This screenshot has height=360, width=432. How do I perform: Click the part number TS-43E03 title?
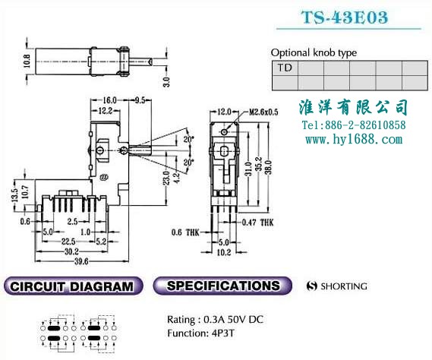pyautogui.click(x=345, y=17)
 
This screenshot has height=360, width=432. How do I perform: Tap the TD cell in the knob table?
pyautogui.click(x=285, y=68)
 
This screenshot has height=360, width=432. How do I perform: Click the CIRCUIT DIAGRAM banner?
pyautogui.click(x=74, y=286)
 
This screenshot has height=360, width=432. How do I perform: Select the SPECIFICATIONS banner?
pyautogui.click(x=222, y=286)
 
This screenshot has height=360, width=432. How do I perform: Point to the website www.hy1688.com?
pyautogui.click(x=354, y=139)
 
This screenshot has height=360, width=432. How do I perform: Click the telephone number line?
pyautogui.click(x=354, y=125)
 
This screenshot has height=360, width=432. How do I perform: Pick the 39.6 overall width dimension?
pyautogui.click(x=81, y=261)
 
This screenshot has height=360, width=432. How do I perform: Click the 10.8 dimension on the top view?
pyautogui.click(x=27, y=61)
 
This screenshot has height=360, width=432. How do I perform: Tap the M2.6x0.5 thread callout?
pyautogui.click(x=263, y=112)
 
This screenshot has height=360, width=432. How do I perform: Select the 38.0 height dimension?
pyautogui.click(x=269, y=167)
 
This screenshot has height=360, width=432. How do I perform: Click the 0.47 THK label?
pyautogui.click(x=257, y=223)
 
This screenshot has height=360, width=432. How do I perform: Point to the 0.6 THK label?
pyautogui.click(x=185, y=232)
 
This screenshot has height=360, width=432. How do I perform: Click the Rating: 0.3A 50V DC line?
pyautogui.click(x=215, y=320)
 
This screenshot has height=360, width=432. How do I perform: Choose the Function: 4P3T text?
pyautogui.click(x=200, y=333)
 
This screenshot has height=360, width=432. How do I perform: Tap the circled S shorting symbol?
pyautogui.click(x=312, y=286)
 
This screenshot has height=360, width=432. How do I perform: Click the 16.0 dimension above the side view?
pyautogui.click(x=109, y=100)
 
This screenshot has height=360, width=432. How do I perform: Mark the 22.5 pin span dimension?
pyautogui.click(x=68, y=242)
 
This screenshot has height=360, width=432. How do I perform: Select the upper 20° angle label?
pyautogui.click(x=188, y=139)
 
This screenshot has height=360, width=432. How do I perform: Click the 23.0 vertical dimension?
pyautogui.click(x=166, y=178)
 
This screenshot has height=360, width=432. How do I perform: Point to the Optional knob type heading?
pyautogui.click(x=314, y=52)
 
